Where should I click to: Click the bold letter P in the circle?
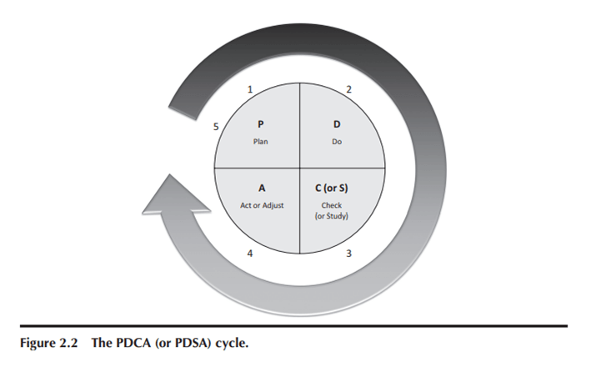coord(260,125)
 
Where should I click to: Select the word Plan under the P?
coord(260,142)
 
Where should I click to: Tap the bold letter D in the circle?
coord(338,125)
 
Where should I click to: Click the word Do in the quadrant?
coord(338,142)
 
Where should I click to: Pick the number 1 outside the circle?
coord(251,88)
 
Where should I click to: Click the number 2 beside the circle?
coord(348,88)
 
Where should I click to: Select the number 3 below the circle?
coord(348,253)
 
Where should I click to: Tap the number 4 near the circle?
coord(251,253)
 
